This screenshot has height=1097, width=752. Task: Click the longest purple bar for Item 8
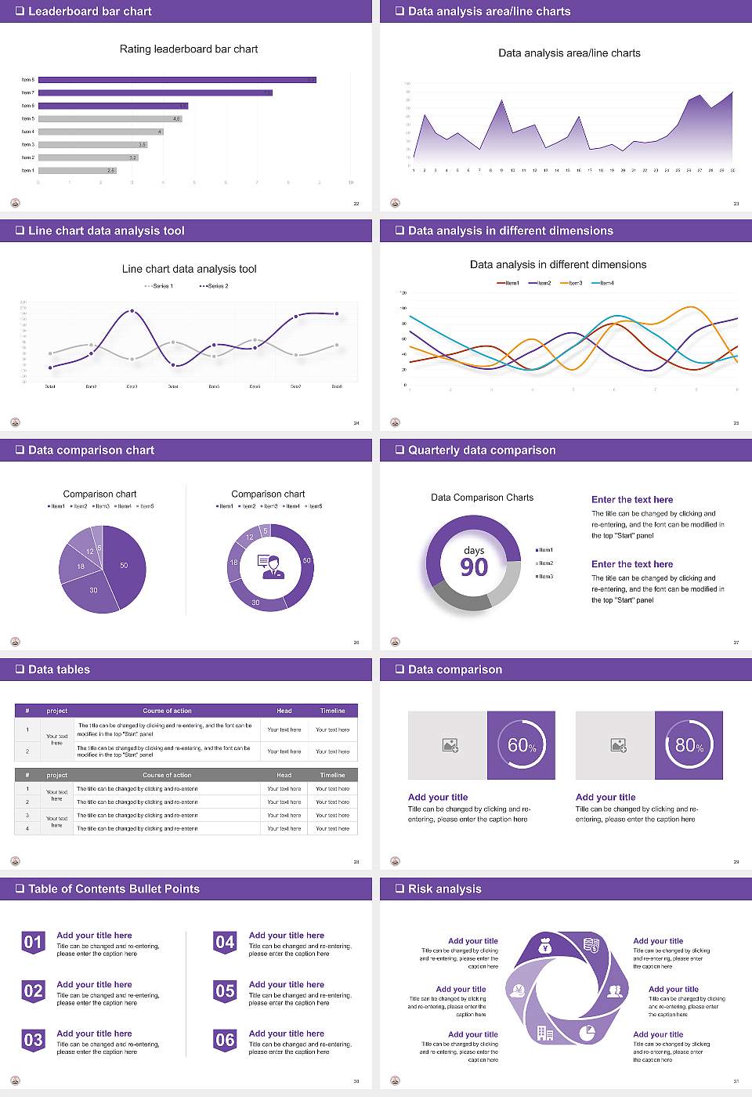click(x=177, y=80)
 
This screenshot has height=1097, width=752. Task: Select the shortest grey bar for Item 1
click(x=78, y=170)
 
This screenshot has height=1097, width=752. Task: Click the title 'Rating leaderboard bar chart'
click(x=189, y=49)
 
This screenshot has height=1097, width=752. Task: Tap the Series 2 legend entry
click(x=214, y=286)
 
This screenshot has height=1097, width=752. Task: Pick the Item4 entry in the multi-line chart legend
click(x=603, y=283)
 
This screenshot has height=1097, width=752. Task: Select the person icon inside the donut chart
click(x=271, y=567)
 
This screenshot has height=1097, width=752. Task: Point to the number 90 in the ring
click(x=474, y=567)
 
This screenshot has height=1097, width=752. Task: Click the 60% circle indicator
click(x=522, y=745)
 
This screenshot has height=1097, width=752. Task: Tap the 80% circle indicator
click(x=689, y=745)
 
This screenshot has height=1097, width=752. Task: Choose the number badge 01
click(x=33, y=942)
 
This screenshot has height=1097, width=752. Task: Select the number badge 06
click(x=225, y=1040)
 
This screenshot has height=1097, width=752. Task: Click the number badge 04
click(x=225, y=942)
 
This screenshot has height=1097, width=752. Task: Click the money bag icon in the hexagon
click(x=546, y=947)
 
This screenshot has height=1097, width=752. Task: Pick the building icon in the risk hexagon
click(x=545, y=1033)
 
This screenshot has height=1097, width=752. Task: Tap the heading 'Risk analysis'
click(x=444, y=889)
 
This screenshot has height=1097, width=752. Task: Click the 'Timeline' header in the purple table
click(x=332, y=711)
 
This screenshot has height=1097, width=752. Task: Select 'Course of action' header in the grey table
click(x=167, y=775)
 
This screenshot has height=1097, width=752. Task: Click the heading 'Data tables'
click(x=59, y=670)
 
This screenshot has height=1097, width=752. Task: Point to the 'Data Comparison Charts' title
click(x=482, y=498)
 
